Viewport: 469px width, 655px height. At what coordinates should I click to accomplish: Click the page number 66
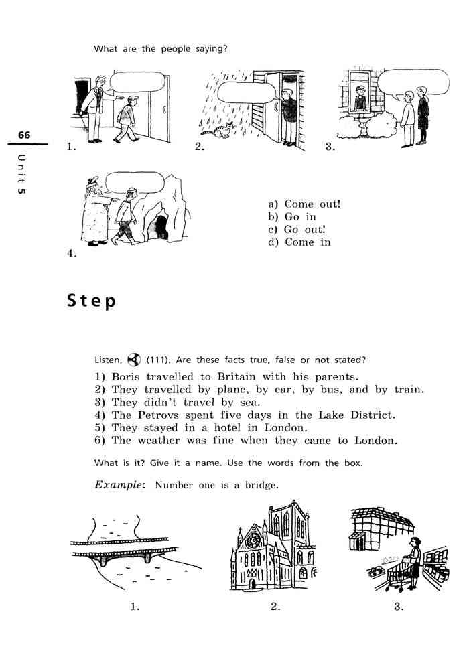(x=24, y=135)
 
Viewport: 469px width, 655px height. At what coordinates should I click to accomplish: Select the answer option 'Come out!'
(x=304, y=204)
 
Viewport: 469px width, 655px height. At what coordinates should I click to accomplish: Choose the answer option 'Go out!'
(x=297, y=230)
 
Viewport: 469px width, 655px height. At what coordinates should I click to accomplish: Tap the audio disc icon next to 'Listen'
(x=134, y=359)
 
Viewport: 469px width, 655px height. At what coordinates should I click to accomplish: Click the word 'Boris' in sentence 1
(x=125, y=377)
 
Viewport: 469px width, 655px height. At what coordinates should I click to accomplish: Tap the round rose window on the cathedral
(x=253, y=540)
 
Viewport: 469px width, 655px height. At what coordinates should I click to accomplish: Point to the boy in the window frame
(x=360, y=98)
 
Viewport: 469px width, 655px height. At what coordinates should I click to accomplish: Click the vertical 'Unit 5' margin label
(x=21, y=174)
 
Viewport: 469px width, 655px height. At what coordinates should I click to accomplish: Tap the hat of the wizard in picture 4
(x=92, y=181)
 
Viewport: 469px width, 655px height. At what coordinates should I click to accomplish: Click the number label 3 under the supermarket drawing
(x=399, y=607)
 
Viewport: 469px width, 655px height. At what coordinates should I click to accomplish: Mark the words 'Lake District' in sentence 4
(x=356, y=415)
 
